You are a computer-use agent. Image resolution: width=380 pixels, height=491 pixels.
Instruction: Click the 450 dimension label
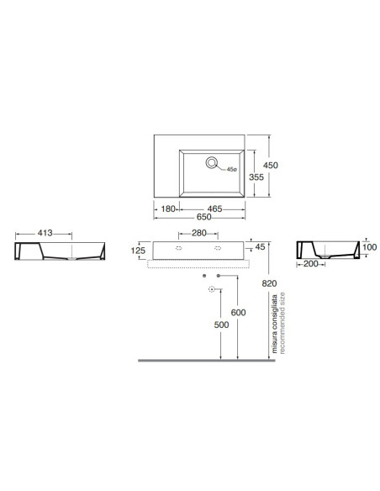(x=271, y=165)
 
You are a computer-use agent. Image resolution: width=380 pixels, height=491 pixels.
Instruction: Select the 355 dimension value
(x=256, y=177)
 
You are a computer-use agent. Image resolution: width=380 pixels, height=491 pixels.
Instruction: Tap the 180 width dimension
(x=168, y=209)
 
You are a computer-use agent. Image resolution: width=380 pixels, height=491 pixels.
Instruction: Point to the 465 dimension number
(x=214, y=209)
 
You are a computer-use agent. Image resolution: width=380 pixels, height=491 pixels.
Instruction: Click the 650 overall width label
(x=203, y=217)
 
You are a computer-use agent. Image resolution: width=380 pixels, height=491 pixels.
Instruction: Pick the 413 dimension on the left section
(x=45, y=233)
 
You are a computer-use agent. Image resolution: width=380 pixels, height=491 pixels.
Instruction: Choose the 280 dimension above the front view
(x=199, y=233)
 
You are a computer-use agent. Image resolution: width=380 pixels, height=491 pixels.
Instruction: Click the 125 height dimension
(x=138, y=251)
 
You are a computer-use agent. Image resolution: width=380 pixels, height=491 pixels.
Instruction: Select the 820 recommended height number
(x=270, y=283)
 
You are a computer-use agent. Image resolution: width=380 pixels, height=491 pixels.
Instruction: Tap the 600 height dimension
(x=238, y=312)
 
